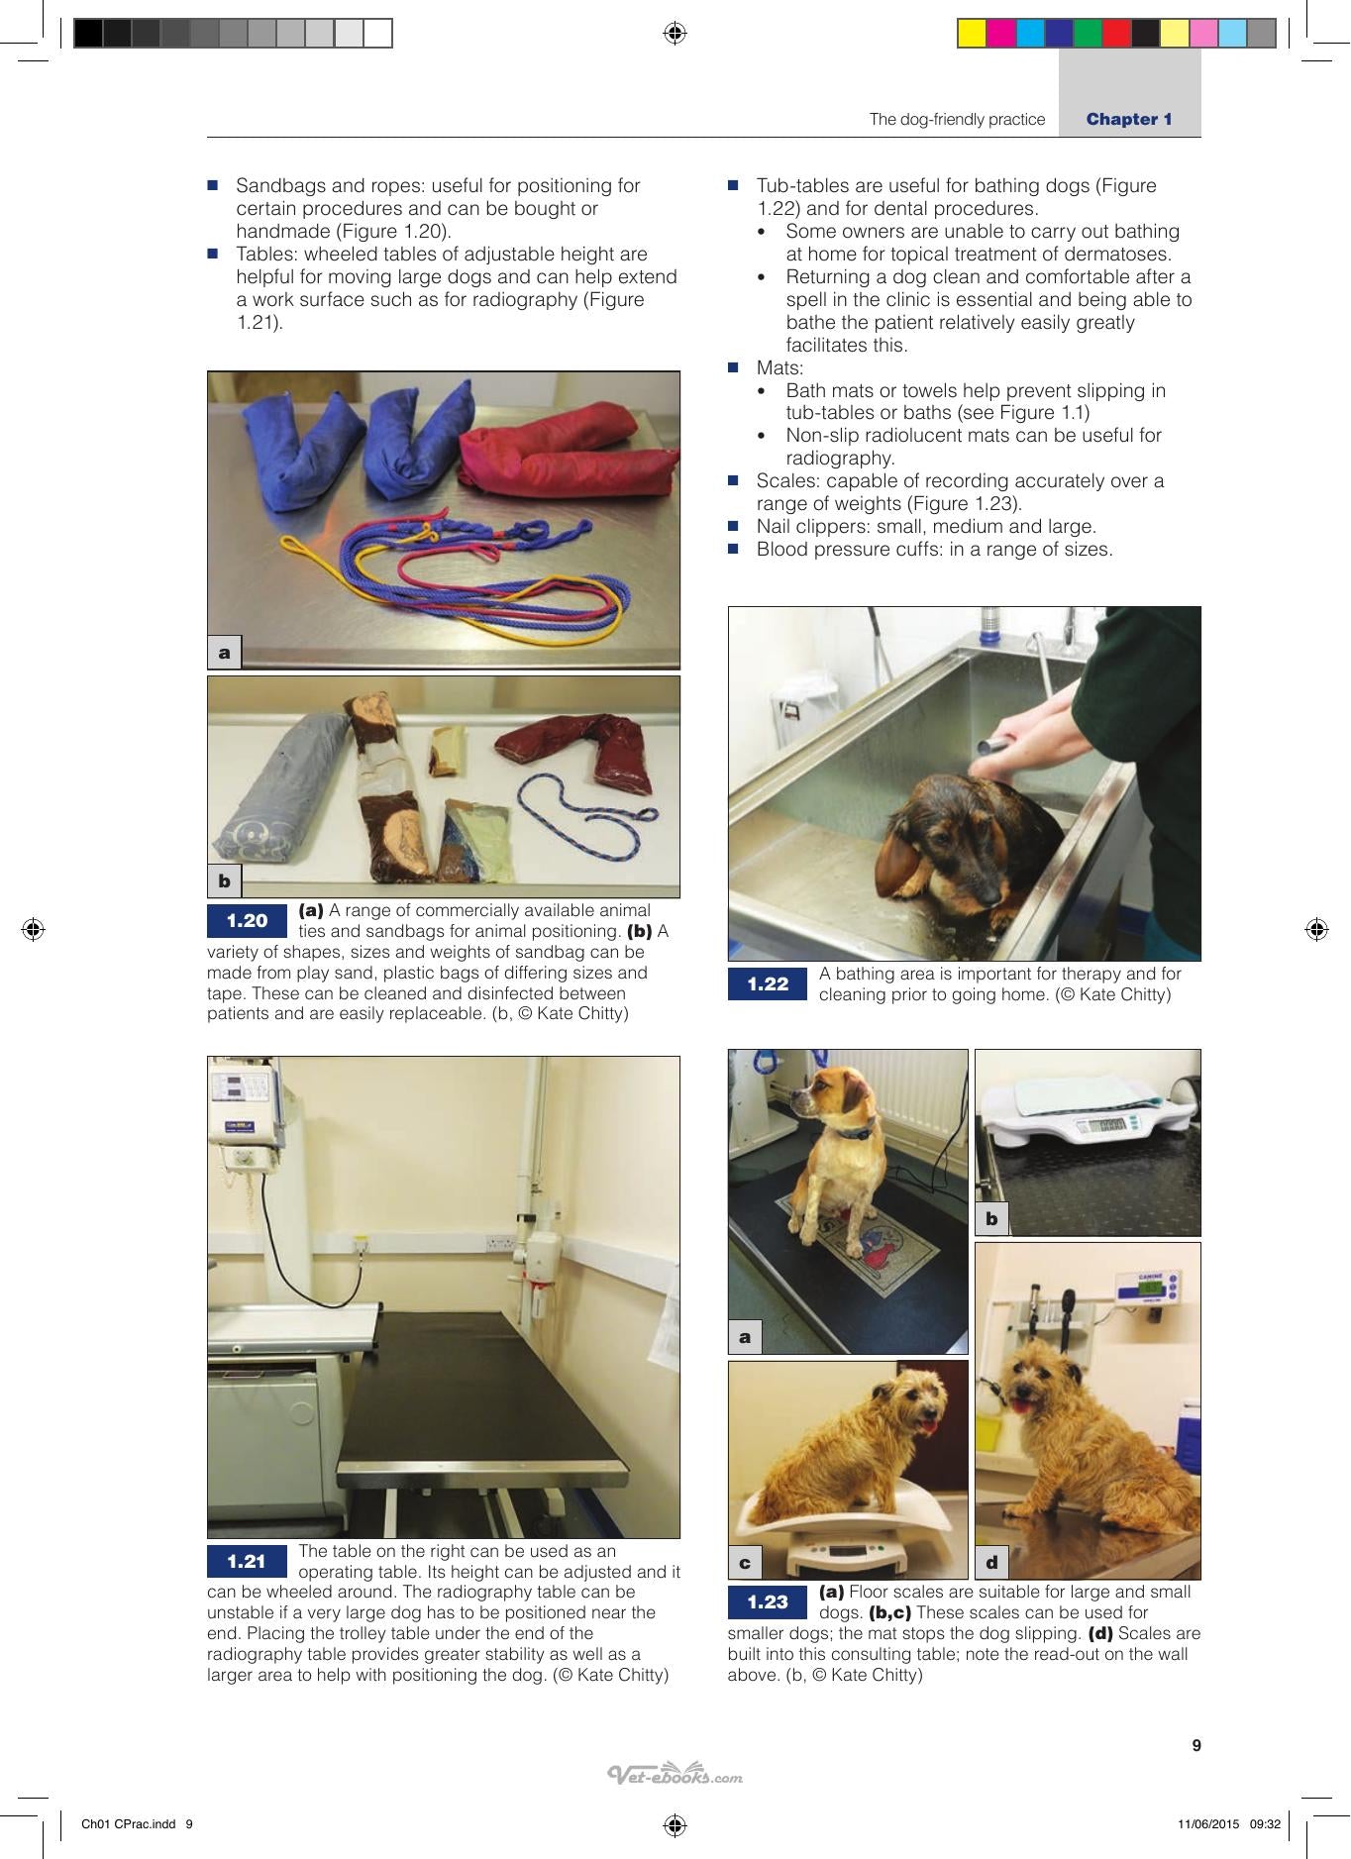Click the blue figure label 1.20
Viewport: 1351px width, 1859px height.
(247, 921)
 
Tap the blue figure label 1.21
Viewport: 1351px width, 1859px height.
(247, 1562)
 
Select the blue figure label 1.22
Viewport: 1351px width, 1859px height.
(768, 984)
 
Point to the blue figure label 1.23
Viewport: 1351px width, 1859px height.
(768, 1602)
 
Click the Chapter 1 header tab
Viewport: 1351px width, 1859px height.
(1129, 119)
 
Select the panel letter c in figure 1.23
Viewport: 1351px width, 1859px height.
(745, 1563)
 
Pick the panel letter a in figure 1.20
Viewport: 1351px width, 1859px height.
(225, 652)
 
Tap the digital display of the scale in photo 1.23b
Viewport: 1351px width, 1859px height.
(1100, 1124)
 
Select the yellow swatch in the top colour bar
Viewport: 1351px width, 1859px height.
(972, 34)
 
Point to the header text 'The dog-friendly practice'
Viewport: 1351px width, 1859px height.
(957, 120)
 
